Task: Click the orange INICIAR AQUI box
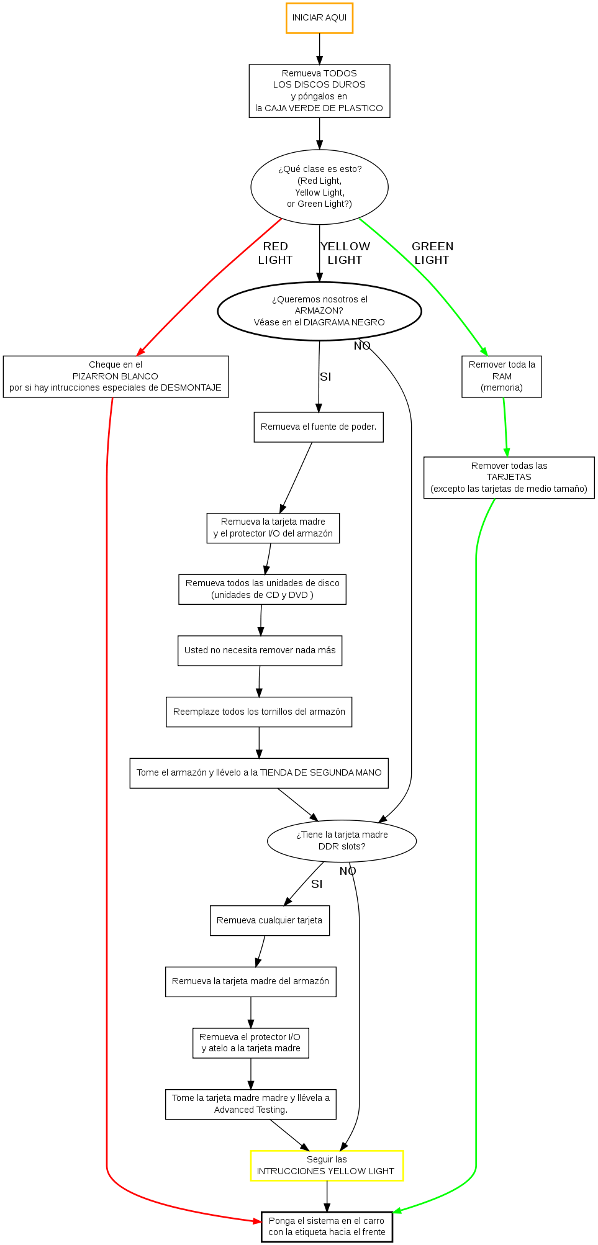coord(319,18)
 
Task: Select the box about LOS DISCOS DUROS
coord(319,91)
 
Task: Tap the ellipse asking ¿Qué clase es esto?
coord(319,186)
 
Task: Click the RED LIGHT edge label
coord(275,253)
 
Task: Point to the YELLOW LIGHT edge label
coord(345,253)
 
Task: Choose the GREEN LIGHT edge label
coord(432,253)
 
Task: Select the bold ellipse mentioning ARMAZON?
coord(319,310)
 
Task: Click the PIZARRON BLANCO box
coord(116,376)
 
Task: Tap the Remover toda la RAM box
coord(501,376)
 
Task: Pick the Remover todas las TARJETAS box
coord(509,478)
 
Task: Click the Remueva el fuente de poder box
coord(319,427)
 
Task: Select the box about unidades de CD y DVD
coord(262,589)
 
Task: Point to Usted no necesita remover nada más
coord(260,651)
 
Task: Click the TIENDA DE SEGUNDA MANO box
coord(259,773)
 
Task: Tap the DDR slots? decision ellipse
coord(342,841)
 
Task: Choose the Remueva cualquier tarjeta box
coord(270,920)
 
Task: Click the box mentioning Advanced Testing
coord(250,1104)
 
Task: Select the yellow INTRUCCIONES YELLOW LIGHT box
coord(327,1166)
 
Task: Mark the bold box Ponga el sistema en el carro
coord(327,1226)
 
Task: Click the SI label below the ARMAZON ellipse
coord(325,377)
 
